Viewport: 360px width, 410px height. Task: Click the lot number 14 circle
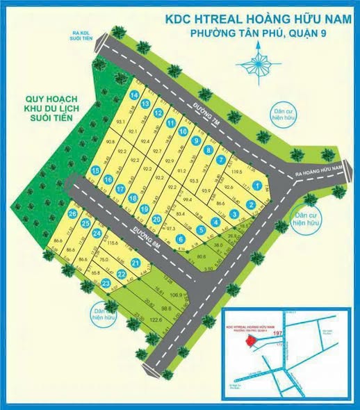click(133, 95)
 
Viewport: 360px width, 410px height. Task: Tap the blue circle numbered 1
click(258, 186)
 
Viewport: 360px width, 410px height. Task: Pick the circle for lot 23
click(106, 284)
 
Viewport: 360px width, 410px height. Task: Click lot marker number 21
click(136, 263)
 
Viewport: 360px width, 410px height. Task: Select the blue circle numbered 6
click(180, 240)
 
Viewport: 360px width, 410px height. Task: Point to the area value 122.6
click(155, 320)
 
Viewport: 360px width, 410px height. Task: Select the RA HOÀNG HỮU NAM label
click(320, 169)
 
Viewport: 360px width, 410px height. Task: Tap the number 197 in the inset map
click(278, 336)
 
